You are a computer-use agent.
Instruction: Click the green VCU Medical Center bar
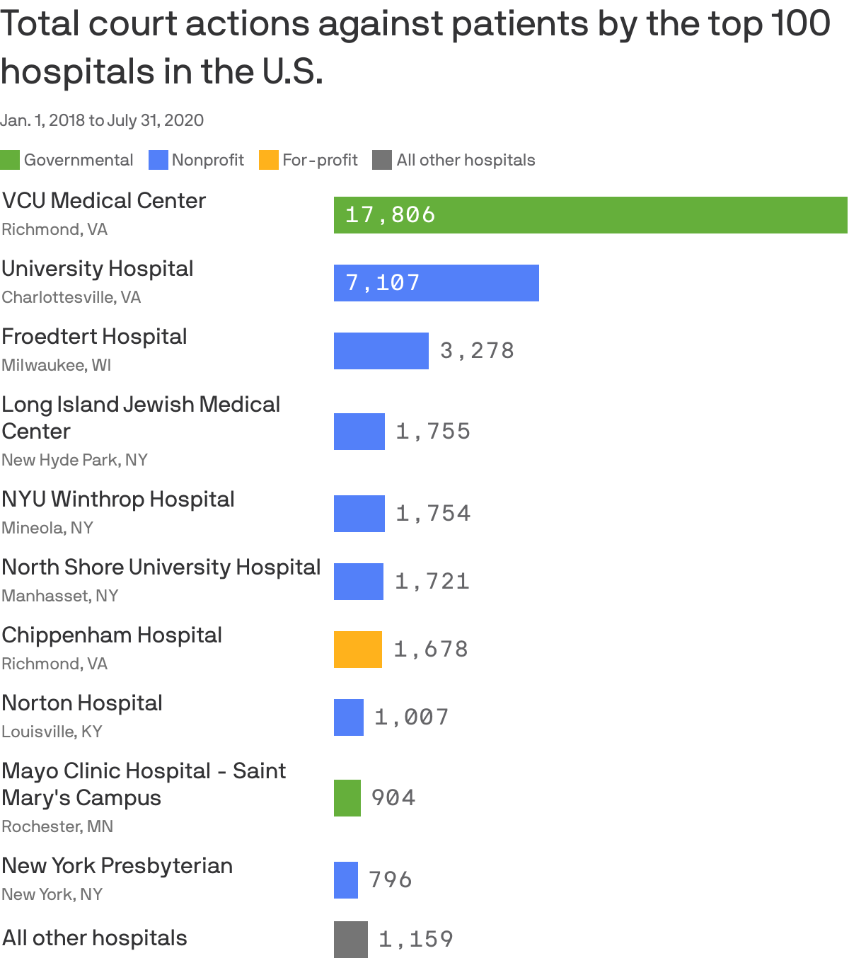[x=590, y=215]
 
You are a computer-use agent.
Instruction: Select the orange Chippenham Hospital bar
[x=357, y=650]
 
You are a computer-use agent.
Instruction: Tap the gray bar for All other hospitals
[x=350, y=940]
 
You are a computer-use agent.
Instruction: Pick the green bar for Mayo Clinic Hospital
[x=347, y=798]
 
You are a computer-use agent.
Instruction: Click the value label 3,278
[x=477, y=351]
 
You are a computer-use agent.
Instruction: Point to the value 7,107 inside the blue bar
[x=383, y=283]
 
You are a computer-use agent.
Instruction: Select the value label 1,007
[x=412, y=717]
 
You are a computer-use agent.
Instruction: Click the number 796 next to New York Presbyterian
[x=391, y=880]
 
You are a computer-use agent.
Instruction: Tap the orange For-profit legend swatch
[x=269, y=160]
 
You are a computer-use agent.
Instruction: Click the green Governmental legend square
[x=10, y=160]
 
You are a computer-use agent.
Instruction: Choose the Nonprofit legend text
[x=207, y=160]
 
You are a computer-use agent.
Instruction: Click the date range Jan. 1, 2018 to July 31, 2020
[x=102, y=120]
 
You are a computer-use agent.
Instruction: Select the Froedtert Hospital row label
[x=94, y=337]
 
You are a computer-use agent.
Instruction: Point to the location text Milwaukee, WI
[x=57, y=365]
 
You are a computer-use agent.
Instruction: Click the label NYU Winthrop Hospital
[x=118, y=500]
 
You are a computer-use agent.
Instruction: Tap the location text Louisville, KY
[x=52, y=732]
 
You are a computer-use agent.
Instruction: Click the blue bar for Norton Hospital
[x=348, y=717]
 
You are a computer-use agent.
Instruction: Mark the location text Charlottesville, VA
[x=71, y=297]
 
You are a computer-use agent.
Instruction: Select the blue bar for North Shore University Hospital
[x=358, y=582]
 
